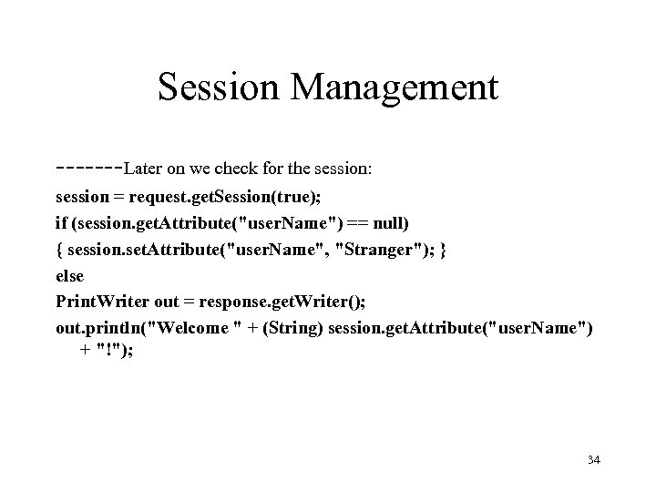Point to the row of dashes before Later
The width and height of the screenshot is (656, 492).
click(88, 168)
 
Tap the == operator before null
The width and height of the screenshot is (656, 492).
click(355, 222)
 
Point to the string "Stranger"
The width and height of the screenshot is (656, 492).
click(379, 249)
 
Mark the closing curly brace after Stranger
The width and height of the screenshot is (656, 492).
click(443, 249)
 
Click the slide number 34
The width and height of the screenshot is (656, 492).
click(592, 461)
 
